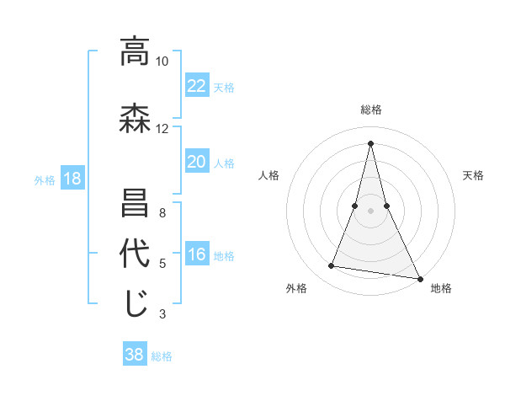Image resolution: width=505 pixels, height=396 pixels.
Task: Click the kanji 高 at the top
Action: pos(135,51)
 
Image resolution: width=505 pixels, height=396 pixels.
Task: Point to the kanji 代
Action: pos(135,254)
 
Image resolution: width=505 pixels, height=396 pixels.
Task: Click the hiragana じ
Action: pos(135,304)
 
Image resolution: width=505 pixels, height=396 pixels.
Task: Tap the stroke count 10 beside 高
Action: pos(162,62)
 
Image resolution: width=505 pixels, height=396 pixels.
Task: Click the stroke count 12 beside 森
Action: pos(162,129)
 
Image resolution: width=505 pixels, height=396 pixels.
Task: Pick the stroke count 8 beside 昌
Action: pos(162,213)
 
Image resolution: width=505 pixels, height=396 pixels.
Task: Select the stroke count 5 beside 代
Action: pos(162,264)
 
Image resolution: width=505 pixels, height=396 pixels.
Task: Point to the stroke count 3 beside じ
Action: pos(162,314)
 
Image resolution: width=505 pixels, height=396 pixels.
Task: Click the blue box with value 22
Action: pos(197,85)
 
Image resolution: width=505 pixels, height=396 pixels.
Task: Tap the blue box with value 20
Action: pos(197,162)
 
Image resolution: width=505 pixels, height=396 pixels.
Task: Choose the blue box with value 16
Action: pos(197,254)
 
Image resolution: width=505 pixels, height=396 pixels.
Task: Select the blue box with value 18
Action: pos(72,179)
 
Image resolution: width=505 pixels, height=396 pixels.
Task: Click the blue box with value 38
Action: pos(135,355)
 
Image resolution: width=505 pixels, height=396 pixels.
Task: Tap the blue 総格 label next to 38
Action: pos(162,356)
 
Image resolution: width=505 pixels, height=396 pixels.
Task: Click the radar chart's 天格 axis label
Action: pos(474,175)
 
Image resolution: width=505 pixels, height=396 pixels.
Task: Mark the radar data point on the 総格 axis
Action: pos(370,142)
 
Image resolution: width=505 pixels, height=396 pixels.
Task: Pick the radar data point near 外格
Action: pos(332,266)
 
